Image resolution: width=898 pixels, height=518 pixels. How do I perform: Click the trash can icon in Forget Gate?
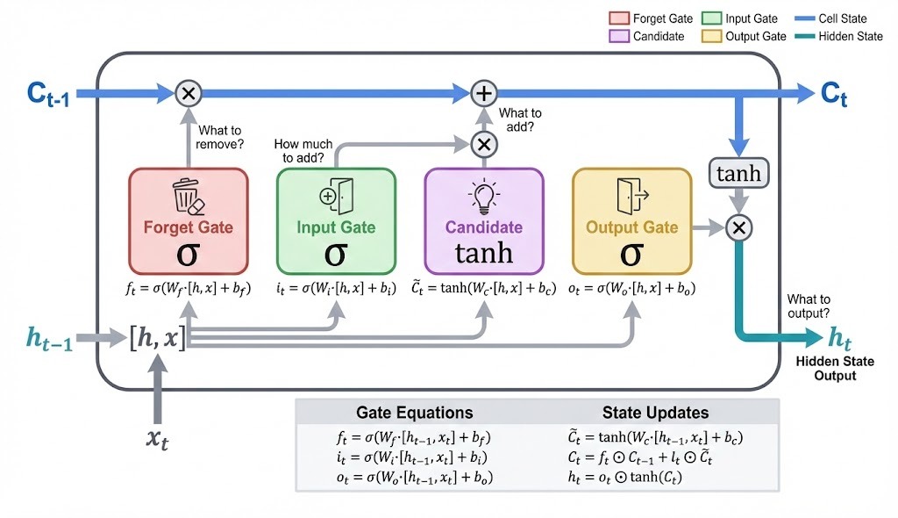pos(189,197)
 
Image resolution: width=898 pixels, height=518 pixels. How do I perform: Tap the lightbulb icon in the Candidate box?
pos(483,196)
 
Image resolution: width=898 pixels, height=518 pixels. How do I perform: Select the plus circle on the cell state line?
pos(483,91)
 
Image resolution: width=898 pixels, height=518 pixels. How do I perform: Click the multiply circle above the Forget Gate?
pos(189,91)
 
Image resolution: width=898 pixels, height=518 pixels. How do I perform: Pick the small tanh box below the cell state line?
pos(738,174)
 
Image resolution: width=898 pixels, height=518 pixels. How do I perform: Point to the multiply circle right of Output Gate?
pos(738,227)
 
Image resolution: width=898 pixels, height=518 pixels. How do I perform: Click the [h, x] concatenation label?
pos(158,336)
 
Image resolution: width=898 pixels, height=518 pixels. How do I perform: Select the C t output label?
pos(834,94)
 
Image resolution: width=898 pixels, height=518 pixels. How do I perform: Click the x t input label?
pos(158,436)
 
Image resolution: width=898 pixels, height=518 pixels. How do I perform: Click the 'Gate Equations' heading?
pos(414,413)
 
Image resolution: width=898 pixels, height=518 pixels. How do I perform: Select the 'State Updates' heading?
pos(655,413)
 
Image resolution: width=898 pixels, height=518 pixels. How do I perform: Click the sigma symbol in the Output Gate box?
pos(631,255)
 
